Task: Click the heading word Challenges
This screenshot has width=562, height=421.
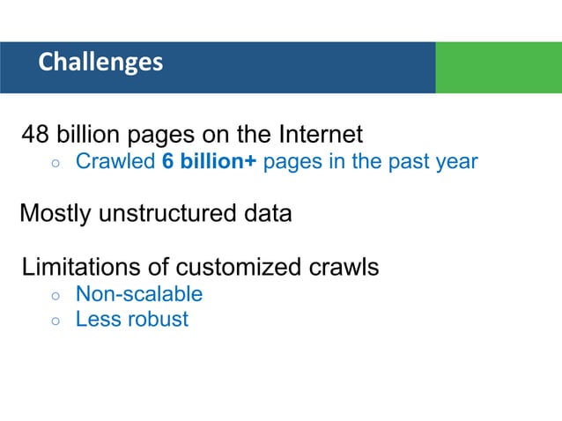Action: point(100,63)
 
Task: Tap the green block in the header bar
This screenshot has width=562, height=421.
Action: point(498,67)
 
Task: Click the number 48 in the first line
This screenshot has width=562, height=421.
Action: point(36,136)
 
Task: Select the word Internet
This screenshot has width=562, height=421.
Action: point(321,136)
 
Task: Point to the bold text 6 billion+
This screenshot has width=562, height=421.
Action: point(210,162)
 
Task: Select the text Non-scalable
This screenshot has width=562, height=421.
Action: point(139,294)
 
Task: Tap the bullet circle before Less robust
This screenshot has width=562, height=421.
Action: point(55,321)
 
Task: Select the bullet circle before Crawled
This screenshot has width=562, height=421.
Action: point(55,164)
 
